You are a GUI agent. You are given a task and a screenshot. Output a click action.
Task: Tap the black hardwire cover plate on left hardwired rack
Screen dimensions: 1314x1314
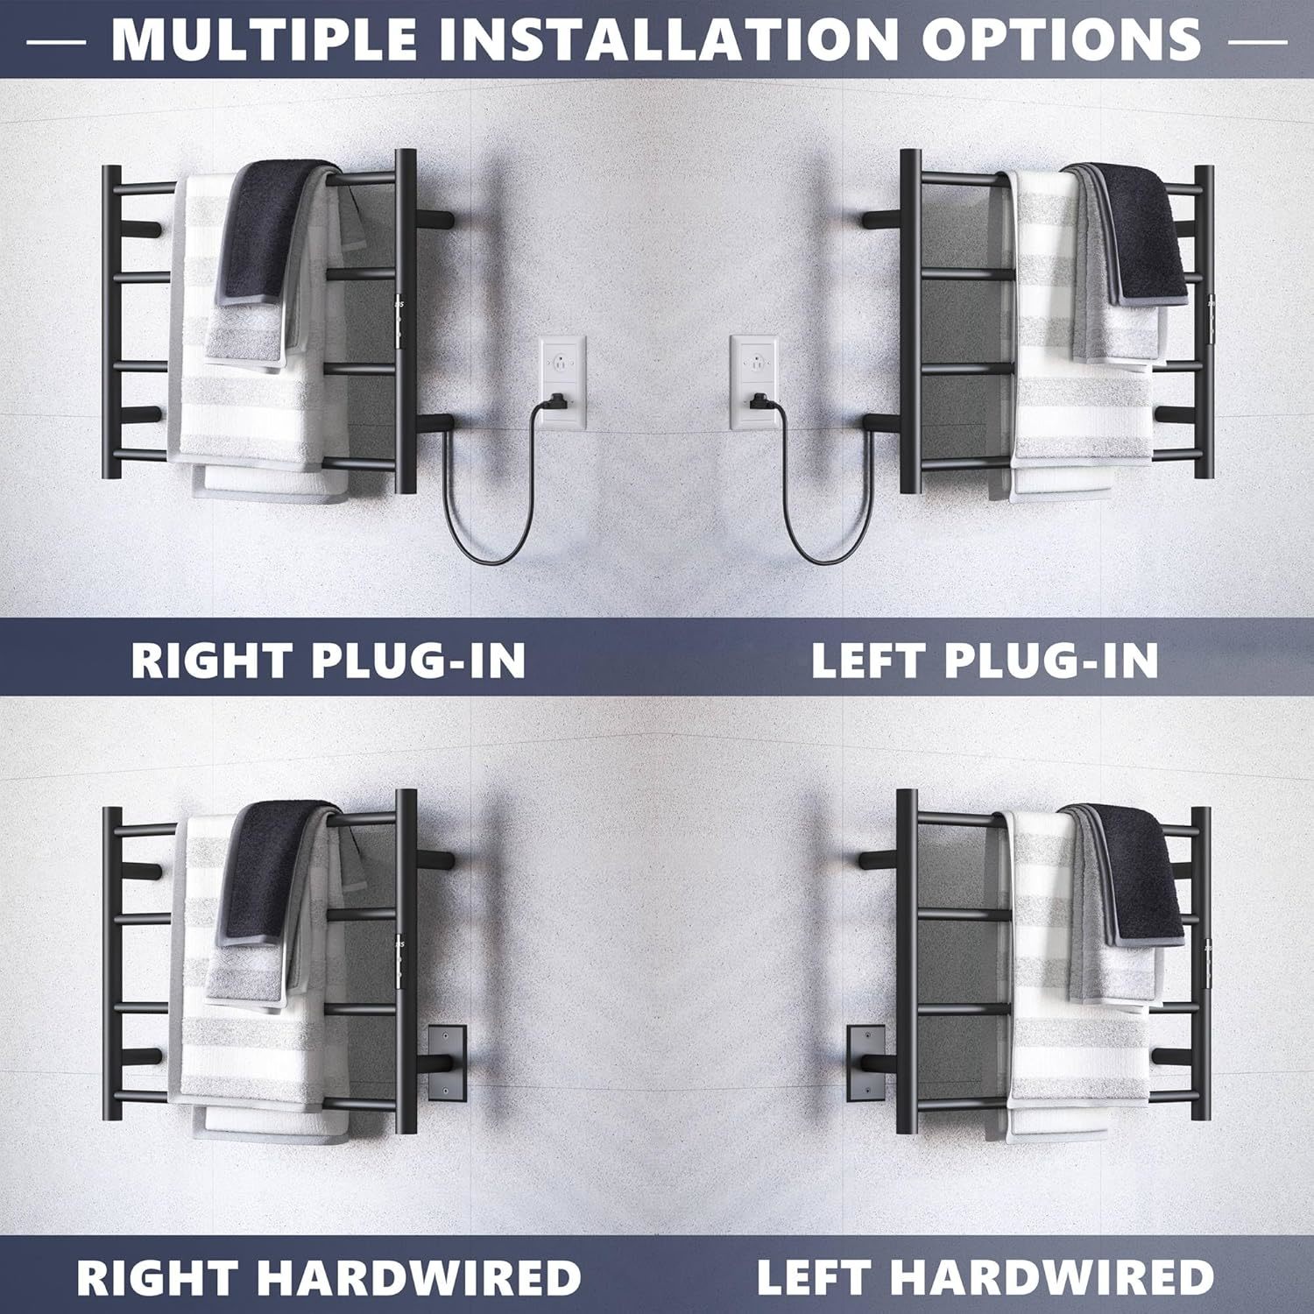(867, 1064)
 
